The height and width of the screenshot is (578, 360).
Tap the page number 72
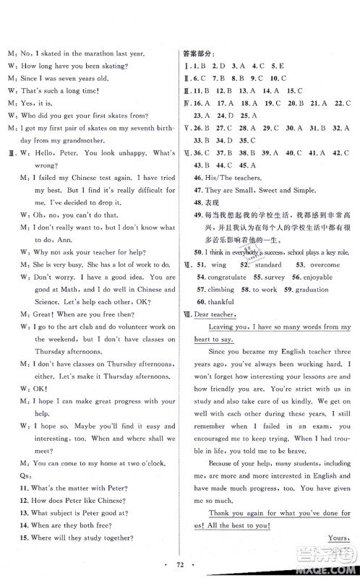[179, 564]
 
